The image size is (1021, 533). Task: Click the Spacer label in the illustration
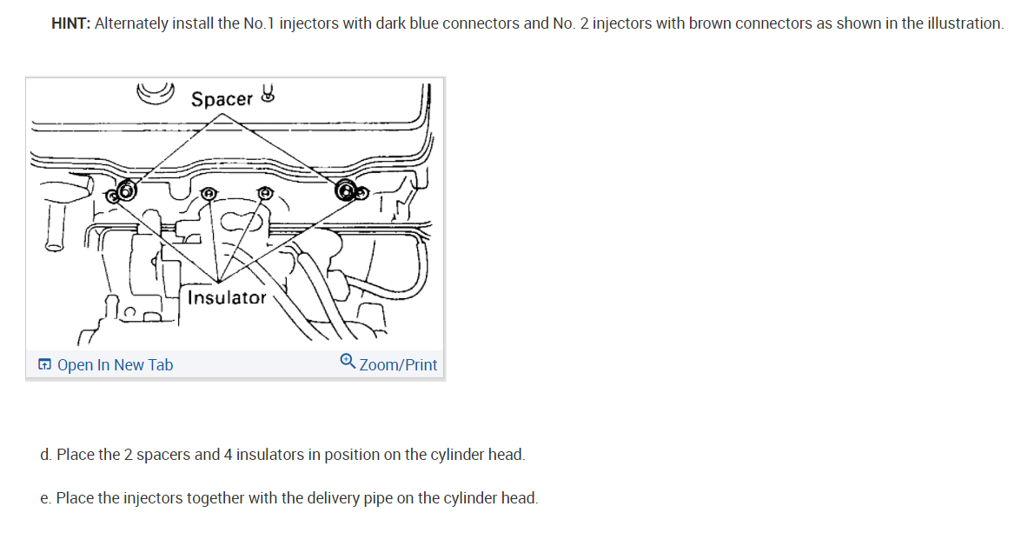point(222,99)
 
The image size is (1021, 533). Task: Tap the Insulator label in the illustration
point(228,297)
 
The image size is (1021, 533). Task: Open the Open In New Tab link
point(115,365)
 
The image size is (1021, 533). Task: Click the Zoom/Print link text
point(398,365)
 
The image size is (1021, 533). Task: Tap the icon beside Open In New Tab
point(45,365)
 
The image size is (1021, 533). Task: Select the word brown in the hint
point(707,23)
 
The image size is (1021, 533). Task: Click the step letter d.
point(44,455)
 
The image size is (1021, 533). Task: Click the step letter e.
point(44,499)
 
